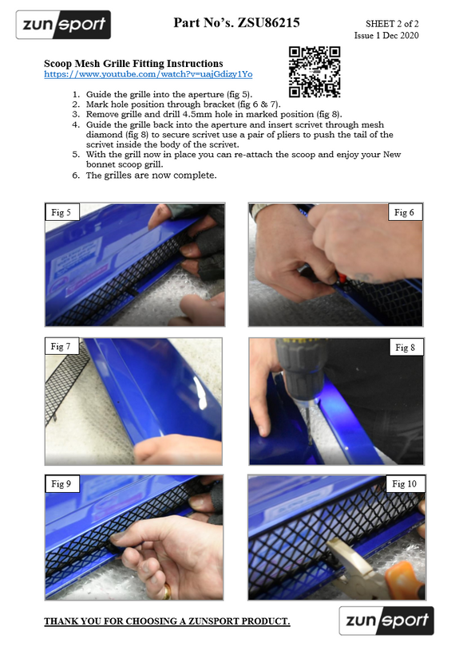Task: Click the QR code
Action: click(x=315, y=72)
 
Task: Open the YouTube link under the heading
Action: click(x=148, y=74)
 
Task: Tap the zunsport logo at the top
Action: click(x=63, y=25)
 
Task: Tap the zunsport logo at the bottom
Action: click(x=386, y=621)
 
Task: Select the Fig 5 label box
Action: click(x=61, y=212)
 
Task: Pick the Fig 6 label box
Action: click(x=405, y=212)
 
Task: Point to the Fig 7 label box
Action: click(x=61, y=346)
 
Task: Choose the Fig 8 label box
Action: click(x=406, y=348)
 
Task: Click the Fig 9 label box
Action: click(x=61, y=484)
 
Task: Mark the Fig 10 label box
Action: click(x=405, y=484)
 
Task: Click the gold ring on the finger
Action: click(x=167, y=591)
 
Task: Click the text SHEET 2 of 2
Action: click(x=392, y=24)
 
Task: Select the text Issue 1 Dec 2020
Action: click(x=386, y=35)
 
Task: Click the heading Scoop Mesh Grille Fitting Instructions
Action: click(x=133, y=63)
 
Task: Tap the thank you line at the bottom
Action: click(x=167, y=621)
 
